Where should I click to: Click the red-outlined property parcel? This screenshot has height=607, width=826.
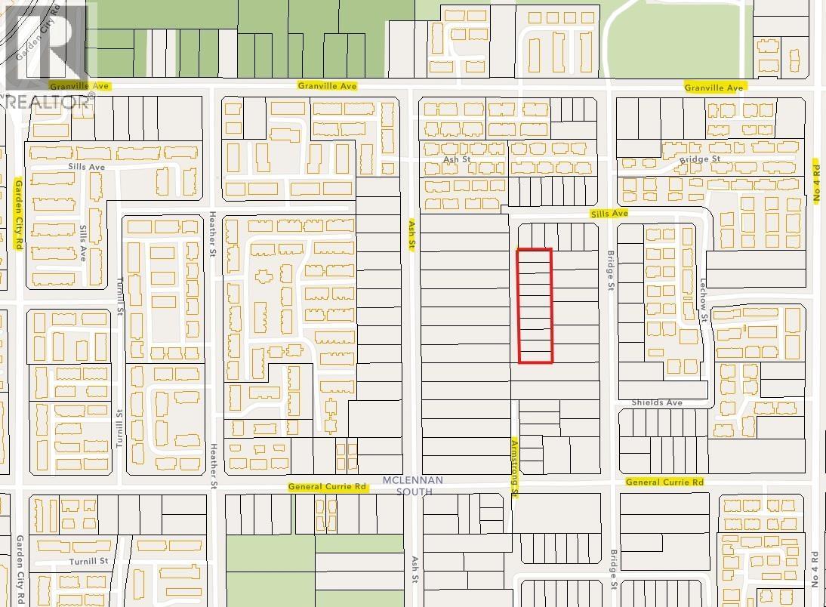click(535, 305)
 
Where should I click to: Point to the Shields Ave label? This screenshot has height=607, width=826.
click(657, 402)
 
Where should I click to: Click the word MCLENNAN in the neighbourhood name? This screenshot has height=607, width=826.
click(413, 480)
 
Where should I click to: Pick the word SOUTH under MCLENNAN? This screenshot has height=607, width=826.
click(413, 491)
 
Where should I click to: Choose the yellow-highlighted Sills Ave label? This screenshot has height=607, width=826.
click(609, 214)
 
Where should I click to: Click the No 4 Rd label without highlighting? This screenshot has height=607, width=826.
click(815, 570)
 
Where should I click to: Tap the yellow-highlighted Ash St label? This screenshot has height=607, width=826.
click(412, 235)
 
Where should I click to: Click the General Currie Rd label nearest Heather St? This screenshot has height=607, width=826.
click(327, 487)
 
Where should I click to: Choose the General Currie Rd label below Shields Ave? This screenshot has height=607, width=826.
click(664, 482)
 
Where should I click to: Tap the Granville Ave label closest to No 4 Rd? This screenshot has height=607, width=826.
click(714, 88)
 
